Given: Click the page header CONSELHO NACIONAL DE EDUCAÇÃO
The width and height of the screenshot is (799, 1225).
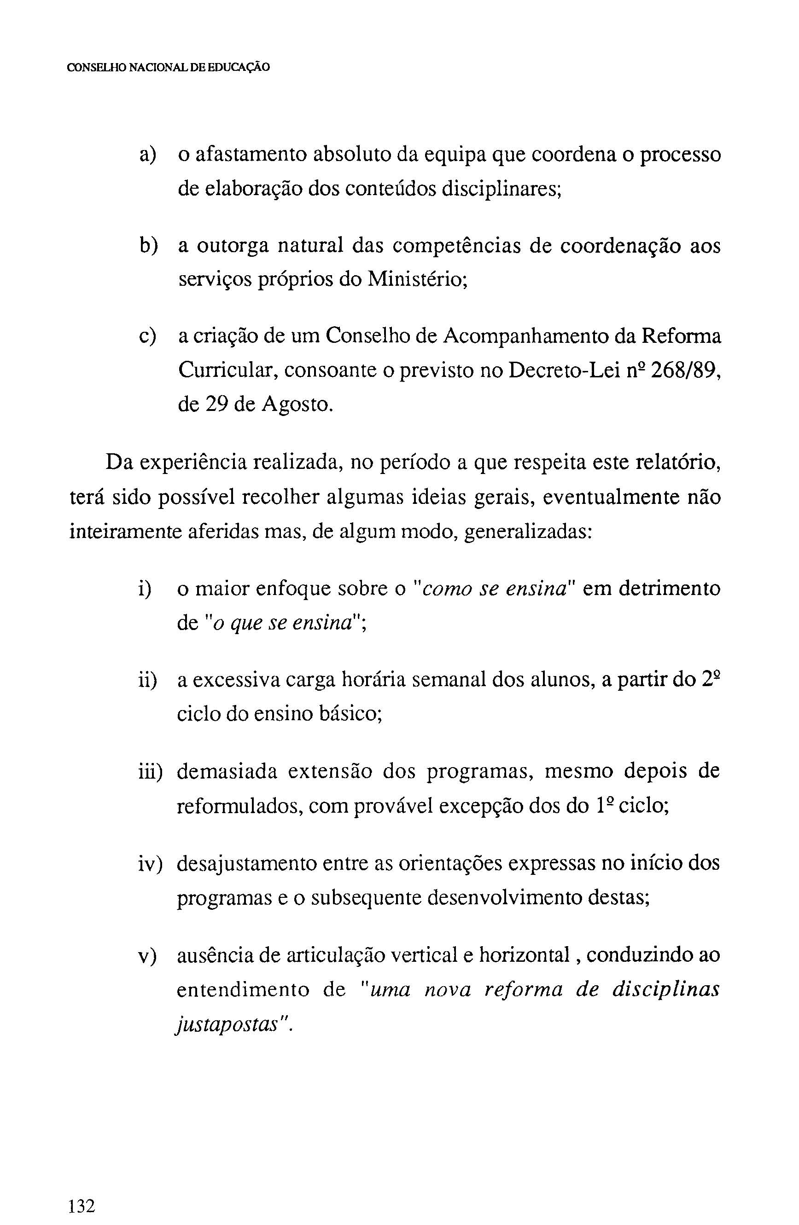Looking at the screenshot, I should pyautogui.click(x=169, y=68).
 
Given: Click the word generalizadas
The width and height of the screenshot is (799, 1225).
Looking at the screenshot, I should pyautogui.click(x=528, y=531).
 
